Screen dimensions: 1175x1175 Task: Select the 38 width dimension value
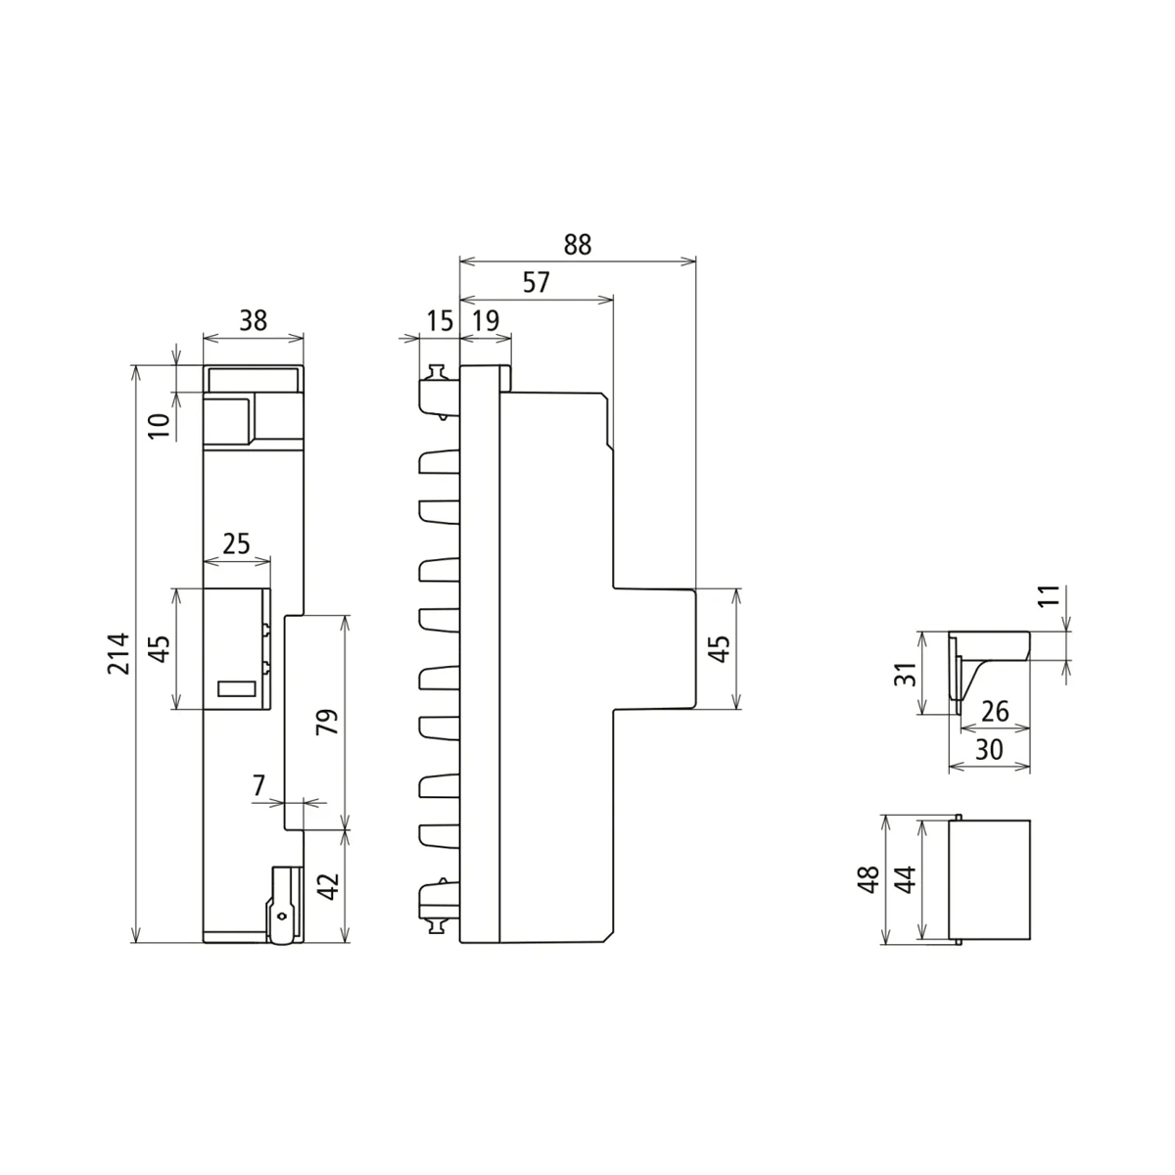pos(253,321)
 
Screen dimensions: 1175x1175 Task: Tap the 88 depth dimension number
pos(578,244)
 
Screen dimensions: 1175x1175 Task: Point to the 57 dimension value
pos(536,283)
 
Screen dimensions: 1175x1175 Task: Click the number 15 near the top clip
pos(439,321)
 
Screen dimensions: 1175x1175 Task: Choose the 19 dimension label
pos(485,321)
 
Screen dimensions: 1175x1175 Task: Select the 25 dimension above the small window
pos(236,543)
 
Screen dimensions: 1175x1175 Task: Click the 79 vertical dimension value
pos(328,721)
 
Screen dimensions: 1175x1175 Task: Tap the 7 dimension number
pos(258,784)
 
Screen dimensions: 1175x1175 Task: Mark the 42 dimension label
pos(329,886)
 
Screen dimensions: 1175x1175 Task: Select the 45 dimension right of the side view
pos(719,648)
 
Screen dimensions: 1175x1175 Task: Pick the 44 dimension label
pos(907,879)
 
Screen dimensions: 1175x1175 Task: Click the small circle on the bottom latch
pos(282,916)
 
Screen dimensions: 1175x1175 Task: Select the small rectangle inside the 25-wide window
pos(236,688)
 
